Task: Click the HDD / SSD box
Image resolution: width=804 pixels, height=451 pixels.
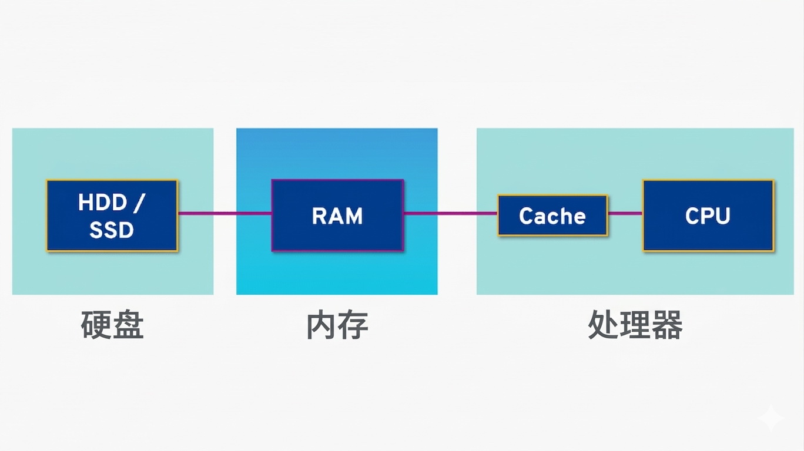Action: tap(112, 216)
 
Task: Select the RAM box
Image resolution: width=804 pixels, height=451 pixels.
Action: tap(337, 216)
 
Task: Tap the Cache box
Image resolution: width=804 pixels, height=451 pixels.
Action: tap(552, 216)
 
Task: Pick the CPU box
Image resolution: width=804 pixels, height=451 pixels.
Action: tap(708, 216)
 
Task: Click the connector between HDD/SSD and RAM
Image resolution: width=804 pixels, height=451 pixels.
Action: tap(225, 213)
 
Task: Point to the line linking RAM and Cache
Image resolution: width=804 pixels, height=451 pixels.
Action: tap(451, 213)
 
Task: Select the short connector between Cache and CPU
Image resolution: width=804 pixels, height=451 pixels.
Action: tap(625, 213)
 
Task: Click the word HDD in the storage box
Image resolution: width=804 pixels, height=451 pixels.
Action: tap(102, 203)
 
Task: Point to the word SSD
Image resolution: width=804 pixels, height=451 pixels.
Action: tap(112, 230)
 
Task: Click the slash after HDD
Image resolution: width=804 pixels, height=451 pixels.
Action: tap(139, 203)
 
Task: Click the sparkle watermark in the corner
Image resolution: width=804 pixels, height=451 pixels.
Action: tap(771, 419)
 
